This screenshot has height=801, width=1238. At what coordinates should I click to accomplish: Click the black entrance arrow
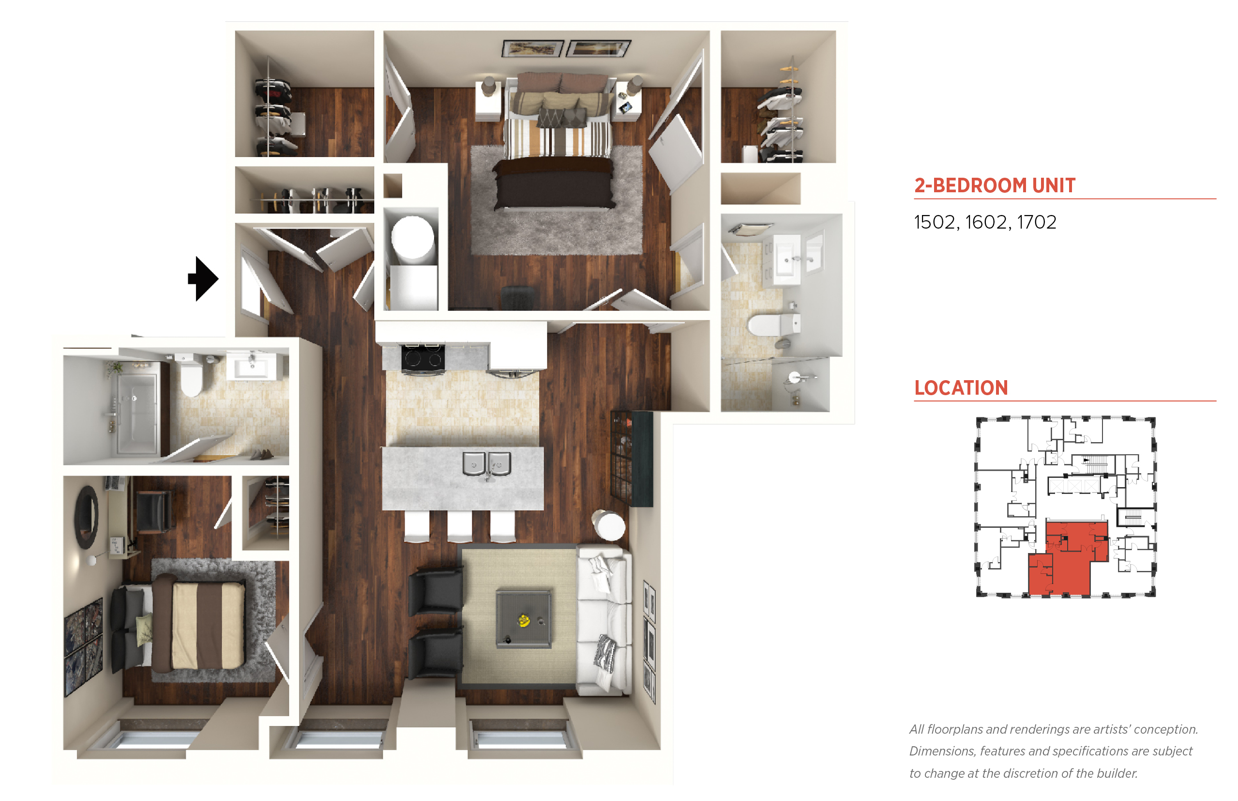[x=203, y=278]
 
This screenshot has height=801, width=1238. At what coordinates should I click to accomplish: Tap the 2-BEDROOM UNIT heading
[x=994, y=185]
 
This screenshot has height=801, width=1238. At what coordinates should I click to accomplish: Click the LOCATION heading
[x=961, y=387]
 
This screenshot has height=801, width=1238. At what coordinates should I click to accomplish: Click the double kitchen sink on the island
[x=486, y=463]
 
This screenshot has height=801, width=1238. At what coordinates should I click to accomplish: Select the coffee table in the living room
[x=523, y=618]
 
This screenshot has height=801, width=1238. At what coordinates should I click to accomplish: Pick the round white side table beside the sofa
[x=609, y=525]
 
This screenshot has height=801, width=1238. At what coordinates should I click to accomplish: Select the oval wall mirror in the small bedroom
[x=86, y=517]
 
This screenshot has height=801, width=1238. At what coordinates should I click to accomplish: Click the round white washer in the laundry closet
[x=413, y=237]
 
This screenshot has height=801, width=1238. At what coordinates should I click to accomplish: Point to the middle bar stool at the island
[x=459, y=526]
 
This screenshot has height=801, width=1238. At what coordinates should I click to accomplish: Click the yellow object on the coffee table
[x=523, y=620]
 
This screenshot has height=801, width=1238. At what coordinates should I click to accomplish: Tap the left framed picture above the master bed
[x=532, y=48]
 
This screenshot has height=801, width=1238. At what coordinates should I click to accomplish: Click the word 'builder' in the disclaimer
[x=1117, y=773]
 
